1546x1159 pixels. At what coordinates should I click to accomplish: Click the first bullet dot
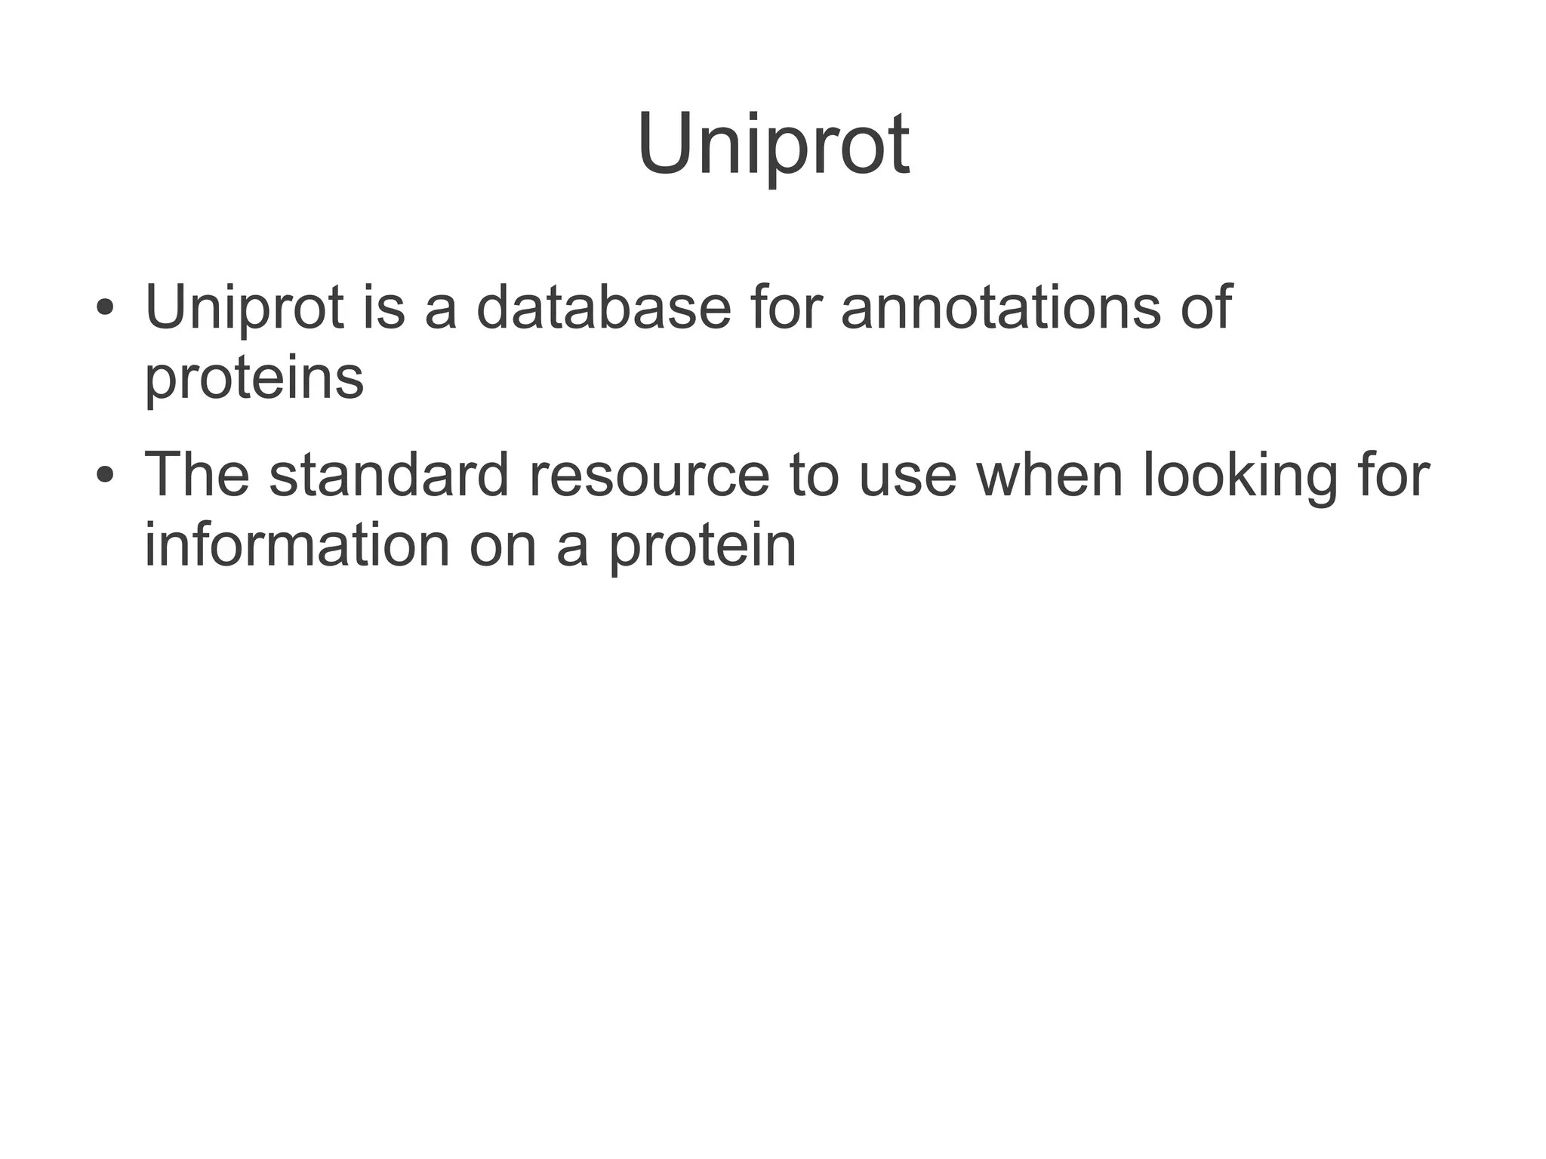[105, 309]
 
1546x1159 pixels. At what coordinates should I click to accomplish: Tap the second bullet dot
[105, 476]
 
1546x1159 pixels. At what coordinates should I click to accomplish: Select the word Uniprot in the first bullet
[244, 309]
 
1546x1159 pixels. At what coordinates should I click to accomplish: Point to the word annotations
[999, 307]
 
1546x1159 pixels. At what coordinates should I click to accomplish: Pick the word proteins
[254, 379]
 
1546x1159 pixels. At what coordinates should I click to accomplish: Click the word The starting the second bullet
[196, 475]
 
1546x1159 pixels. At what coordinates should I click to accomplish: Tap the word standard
[389, 475]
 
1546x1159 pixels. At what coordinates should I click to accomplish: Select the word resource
[648, 476]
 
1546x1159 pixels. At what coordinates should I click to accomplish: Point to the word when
[1049, 475]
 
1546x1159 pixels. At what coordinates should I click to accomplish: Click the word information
[297, 545]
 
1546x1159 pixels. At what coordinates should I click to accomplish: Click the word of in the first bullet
[1206, 307]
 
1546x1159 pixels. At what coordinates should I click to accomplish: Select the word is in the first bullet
[383, 307]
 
